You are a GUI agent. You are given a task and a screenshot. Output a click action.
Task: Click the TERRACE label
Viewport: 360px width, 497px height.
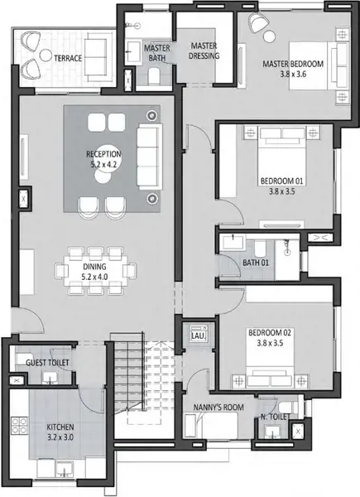pyautogui.click(x=68, y=58)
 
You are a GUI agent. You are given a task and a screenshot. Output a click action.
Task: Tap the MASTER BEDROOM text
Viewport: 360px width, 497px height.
pyautogui.click(x=293, y=64)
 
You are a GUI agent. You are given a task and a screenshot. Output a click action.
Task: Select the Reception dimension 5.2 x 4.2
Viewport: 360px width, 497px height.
pyautogui.click(x=103, y=165)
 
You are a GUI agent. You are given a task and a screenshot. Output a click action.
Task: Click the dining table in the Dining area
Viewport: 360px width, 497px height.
pyautogui.click(x=95, y=271)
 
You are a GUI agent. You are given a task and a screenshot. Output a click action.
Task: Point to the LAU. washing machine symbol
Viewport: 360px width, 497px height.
pyautogui.click(x=199, y=334)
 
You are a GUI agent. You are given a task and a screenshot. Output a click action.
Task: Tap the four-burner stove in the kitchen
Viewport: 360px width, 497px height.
pyautogui.click(x=19, y=426)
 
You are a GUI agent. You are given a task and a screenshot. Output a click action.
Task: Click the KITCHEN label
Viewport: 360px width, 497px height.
pyautogui.click(x=60, y=427)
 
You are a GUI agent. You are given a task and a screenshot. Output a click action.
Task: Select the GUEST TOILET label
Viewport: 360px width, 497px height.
pyautogui.click(x=47, y=363)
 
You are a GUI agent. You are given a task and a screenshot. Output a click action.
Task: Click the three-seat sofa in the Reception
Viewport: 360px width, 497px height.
pyautogui.click(x=150, y=157)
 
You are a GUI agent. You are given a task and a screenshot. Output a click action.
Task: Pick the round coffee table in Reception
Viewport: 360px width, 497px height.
pyautogui.click(x=103, y=175)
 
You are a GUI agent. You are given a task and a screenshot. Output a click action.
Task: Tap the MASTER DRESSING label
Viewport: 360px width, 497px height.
pyautogui.click(x=204, y=51)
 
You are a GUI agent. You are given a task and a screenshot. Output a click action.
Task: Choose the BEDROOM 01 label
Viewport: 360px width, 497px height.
pyautogui.click(x=281, y=181)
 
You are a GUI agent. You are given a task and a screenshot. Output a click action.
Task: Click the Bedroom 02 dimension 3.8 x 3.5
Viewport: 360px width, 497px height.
pyautogui.click(x=270, y=343)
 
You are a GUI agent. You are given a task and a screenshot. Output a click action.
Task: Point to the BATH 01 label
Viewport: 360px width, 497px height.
pyautogui.click(x=256, y=263)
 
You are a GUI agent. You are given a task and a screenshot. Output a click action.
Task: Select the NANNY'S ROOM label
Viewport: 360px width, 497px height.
pyautogui.click(x=218, y=408)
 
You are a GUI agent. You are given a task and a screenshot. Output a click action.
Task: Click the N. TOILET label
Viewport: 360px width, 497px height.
pyautogui.click(x=275, y=417)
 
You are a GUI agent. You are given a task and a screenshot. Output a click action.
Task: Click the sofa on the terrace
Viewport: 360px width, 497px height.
pyautogui.click(x=96, y=57)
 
